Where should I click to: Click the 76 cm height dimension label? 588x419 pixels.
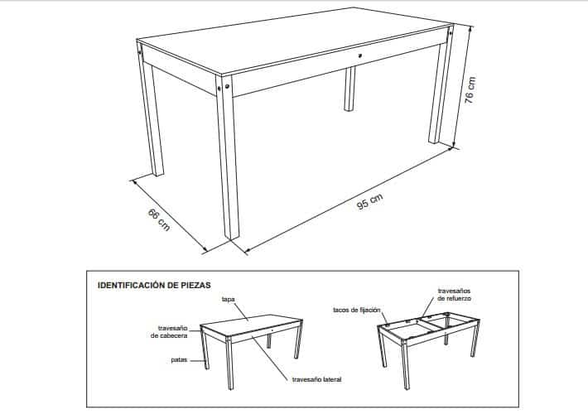470,90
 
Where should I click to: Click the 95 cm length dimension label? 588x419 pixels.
369,201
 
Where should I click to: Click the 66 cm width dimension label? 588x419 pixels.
159,219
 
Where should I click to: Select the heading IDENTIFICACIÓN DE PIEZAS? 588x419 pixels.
154,285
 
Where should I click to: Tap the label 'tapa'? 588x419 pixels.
228,299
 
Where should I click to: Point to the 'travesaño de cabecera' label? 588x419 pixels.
169,332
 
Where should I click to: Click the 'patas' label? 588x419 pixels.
179,360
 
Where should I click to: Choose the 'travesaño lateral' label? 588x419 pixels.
317,379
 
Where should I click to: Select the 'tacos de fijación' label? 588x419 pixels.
357,311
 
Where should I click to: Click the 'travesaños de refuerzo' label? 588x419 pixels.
454,295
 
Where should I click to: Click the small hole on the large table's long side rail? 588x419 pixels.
360,56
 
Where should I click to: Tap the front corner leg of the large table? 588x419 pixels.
227,157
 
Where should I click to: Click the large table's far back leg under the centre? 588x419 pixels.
349,89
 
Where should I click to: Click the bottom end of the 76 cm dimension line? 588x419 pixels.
453,147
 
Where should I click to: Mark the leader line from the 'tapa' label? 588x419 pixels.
242,311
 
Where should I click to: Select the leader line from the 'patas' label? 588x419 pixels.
197,360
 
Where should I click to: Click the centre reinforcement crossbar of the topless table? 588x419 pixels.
430,324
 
